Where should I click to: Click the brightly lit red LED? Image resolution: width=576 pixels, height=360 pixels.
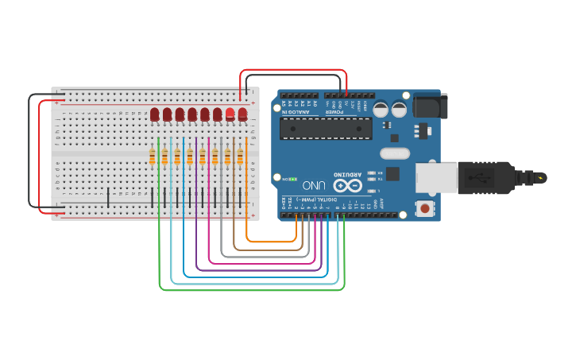click(x=230, y=114)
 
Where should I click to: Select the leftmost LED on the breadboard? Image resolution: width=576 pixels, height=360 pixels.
click(x=154, y=114)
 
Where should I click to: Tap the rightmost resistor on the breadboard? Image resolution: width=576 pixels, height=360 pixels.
click(x=240, y=157)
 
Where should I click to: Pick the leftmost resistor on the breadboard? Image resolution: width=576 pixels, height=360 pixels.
click(x=152, y=157)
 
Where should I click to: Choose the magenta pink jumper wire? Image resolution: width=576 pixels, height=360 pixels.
click(x=262, y=263)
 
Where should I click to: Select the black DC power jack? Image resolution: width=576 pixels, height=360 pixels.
click(x=430, y=106)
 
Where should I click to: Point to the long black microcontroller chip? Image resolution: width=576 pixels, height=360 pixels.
click(x=337, y=128)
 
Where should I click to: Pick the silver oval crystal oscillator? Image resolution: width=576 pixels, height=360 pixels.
click(x=395, y=153)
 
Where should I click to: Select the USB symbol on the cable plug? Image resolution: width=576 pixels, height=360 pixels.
click(x=482, y=178)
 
